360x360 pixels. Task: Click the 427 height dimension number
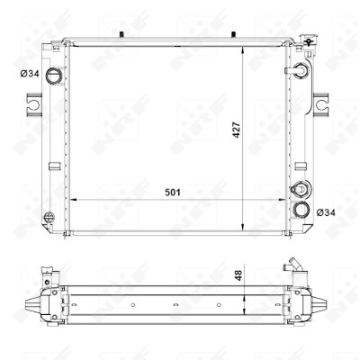pyautogui.click(x=237, y=130)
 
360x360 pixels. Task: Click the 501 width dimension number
pyautogui.click(x=173, y=193)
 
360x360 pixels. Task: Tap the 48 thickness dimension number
pyautogui.click(x=238, y=275)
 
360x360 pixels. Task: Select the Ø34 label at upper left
pyautogui.click(x=30, y=74)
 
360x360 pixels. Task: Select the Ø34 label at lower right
pyautogui.click(x=326, y=212)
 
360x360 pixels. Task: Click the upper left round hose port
pyautogui.click(x=54, y=75)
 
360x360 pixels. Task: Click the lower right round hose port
pyautogui.click(x=301, y=210)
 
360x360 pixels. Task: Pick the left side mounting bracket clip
pyautogui.click(x=34, y=104)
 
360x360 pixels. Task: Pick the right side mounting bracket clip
pyautogui.click(x=320, y=104)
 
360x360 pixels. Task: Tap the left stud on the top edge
pyautogui.click(x=121, y=34)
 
